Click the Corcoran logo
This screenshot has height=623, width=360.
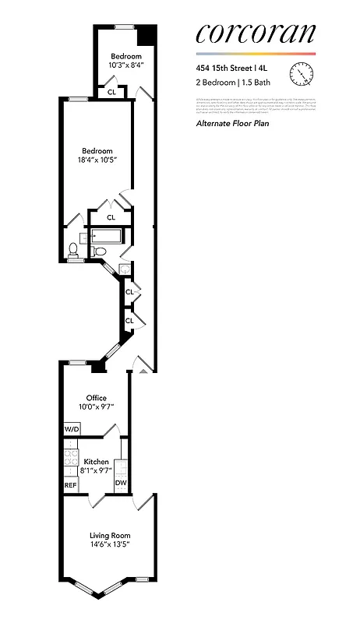pos(256,33)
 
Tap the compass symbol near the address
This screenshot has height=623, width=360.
pos(301,73)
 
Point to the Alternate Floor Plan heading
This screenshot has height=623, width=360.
pos(232,123)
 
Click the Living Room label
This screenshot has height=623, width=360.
pos(109,536)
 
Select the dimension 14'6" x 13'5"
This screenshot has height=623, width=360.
pos(109,545)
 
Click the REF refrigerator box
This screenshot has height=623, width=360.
pos(71,485)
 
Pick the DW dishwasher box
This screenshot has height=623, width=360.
pos(121,483)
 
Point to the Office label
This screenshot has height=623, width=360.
pos(96,398)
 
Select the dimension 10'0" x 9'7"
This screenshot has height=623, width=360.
pos(96,407)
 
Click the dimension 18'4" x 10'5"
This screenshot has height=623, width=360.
pos(96,160)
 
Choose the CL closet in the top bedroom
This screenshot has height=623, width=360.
pos(111,92)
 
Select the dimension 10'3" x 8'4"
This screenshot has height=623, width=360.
pos(125,65)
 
